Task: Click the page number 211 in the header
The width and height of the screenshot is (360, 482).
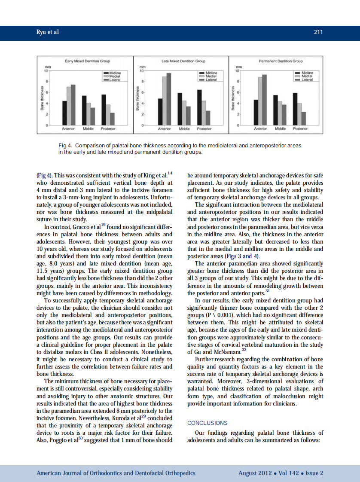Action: click(x=318, y=32)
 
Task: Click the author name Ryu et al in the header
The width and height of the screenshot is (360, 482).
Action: click(x=47, y=32)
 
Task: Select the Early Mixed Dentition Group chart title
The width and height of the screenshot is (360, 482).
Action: click(x=87, y=61)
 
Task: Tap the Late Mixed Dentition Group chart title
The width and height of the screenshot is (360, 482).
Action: click(x=183, y=61)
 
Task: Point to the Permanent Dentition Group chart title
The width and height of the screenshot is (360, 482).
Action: click(x=281, y=61)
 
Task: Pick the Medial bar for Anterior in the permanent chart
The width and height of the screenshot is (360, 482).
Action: click(x=260, y=101)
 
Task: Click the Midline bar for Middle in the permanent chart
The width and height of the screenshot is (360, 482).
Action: click(x=275, y=110)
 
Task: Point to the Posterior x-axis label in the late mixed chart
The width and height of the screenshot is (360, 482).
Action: click(x=204, y=129)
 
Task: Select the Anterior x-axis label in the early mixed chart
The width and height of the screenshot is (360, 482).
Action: click(x=69, y=129)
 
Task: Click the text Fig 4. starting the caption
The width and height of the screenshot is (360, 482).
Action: click(x=65, y=146)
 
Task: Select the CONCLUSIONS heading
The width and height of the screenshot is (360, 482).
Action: click(x=207, y=423)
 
